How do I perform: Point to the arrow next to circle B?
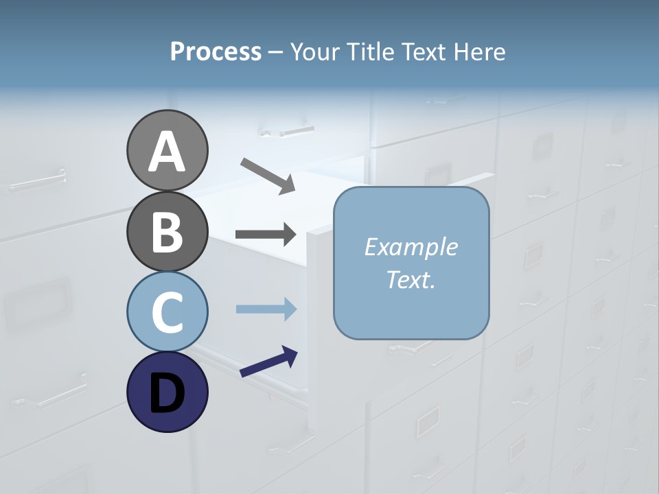(266, 235)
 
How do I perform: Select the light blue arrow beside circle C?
(266, 309)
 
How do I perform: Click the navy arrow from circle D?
(268, 362)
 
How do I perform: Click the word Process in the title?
(216, 52)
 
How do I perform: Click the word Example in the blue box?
(411, 247)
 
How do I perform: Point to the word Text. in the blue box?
(411, 279)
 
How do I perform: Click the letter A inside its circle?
(167, 152)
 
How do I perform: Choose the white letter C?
(167, 312)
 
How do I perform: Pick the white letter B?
(167, 232)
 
